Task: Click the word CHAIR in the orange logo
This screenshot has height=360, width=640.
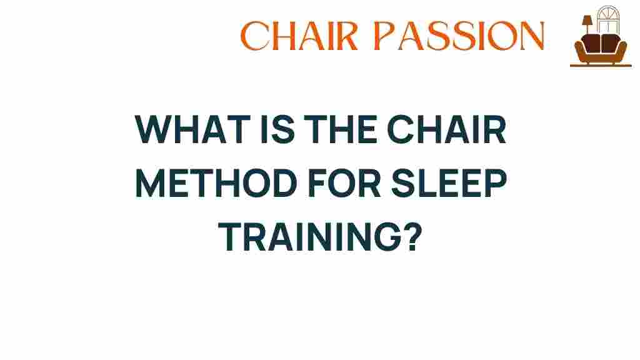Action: pos(299,36)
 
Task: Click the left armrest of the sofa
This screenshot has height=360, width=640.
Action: pos(577,50)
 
